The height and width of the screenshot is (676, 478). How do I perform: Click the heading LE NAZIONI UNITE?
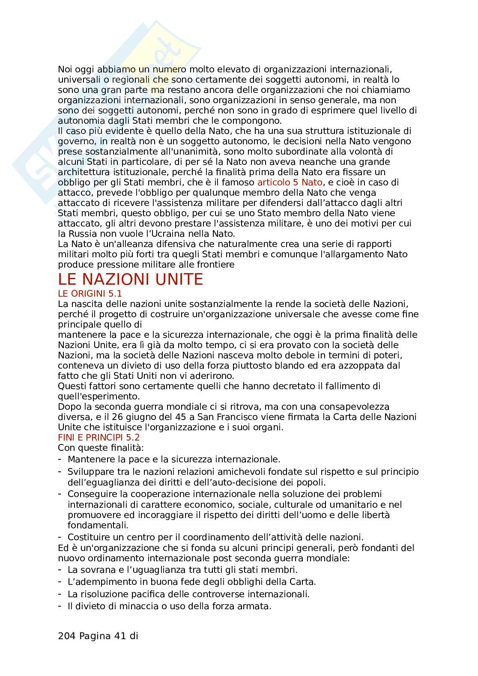click(130, 280)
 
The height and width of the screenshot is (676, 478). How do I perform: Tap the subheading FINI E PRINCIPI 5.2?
click(99, 438)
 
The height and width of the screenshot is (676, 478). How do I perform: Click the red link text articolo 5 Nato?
click(290, 182)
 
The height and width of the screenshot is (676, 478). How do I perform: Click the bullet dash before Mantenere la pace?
click(60, 459)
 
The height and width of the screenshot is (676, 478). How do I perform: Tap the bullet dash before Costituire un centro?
click(60, 537)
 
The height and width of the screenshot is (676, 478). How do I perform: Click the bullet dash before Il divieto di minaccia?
click(60, 606)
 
